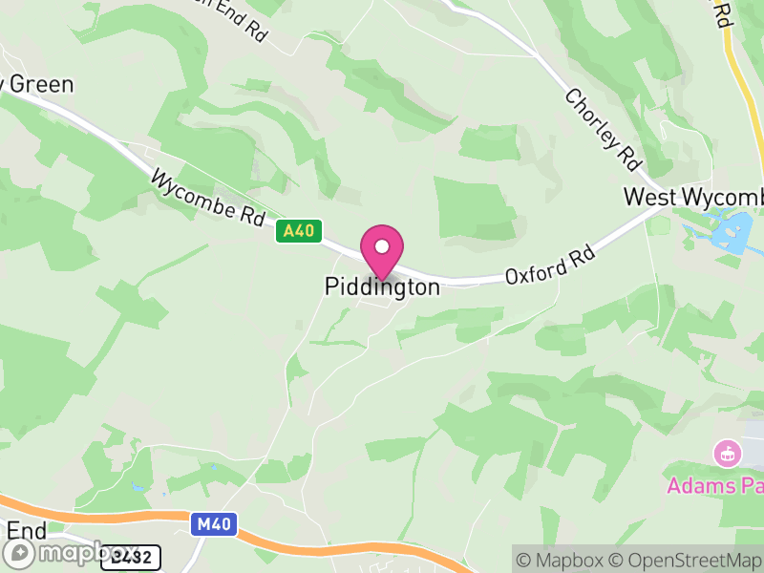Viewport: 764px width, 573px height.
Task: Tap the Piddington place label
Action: tap(382, 286)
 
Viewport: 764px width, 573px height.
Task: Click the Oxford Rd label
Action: tap(551, 265)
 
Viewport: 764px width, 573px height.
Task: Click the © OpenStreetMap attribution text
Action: tap(684, 560)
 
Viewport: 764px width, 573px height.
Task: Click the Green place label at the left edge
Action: tap(38, 84)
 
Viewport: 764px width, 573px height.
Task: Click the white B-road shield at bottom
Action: tap(131, 557)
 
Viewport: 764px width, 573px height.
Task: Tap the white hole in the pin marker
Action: tap(382, 246)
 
